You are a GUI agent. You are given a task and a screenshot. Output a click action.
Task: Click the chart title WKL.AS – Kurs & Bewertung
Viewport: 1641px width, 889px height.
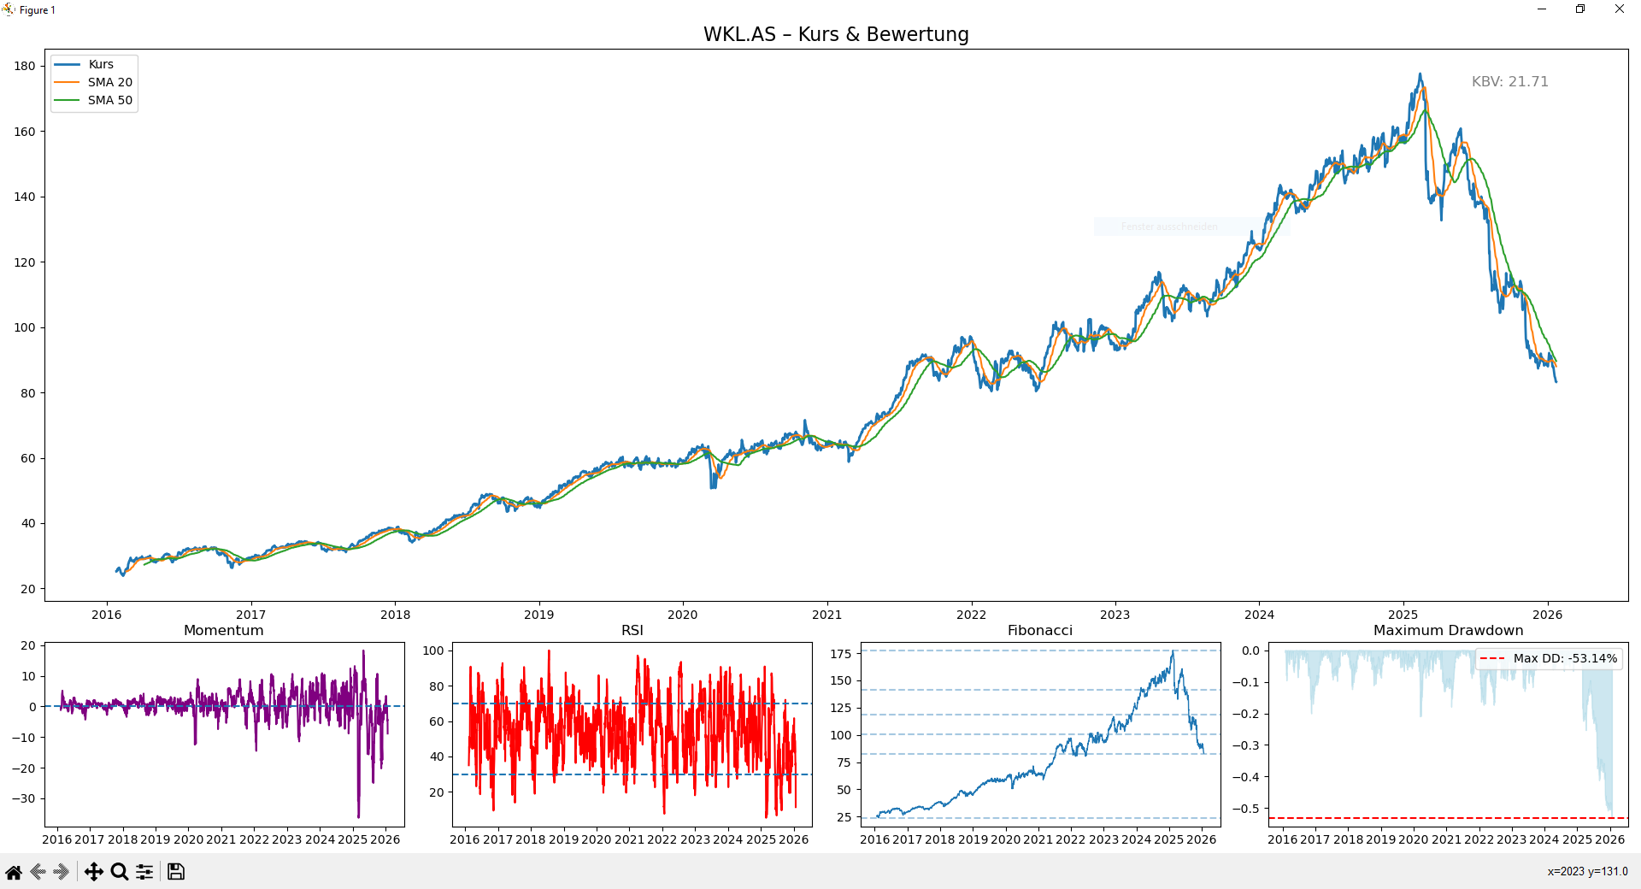point(836,34)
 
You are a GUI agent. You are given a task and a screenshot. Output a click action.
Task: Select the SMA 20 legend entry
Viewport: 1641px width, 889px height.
point(109,82)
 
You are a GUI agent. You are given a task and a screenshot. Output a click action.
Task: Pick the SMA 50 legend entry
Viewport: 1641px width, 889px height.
point(109,100)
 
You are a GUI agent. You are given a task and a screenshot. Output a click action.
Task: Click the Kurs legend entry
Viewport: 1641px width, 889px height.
point(101,64)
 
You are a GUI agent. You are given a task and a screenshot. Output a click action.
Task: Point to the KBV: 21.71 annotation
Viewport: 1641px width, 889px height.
point(1509,81)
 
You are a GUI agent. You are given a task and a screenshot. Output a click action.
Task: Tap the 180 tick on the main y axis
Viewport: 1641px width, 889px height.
point(25,66)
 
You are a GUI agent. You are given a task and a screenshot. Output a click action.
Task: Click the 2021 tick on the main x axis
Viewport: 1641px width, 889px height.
point(826,615)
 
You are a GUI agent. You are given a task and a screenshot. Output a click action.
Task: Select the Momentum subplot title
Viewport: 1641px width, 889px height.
point(224,630)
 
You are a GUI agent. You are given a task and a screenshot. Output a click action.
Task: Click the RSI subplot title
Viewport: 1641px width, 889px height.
point(632,630)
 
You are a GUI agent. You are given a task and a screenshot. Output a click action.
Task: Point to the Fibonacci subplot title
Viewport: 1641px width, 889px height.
point(1039,630)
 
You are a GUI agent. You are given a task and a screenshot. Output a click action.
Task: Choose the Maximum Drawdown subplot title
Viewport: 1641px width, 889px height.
point(1448,630)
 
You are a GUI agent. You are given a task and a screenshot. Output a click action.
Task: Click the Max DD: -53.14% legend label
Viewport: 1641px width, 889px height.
point(1565,658)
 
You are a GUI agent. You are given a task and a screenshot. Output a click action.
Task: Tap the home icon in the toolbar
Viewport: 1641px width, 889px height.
point(14,872)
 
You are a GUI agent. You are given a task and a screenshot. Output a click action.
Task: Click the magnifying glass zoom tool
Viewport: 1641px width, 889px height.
point(120,872)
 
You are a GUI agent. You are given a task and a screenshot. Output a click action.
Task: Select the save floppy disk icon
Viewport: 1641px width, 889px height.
point(176,872)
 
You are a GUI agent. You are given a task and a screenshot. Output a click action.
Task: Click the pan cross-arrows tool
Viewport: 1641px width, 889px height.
point(94,872)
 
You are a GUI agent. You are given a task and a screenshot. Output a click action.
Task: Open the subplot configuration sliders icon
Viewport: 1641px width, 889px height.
point(144,872)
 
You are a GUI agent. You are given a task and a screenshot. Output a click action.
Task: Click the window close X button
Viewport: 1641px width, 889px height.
point(1620,9)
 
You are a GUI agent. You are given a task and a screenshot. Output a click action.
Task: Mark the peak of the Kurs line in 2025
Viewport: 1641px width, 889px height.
point(1420,74)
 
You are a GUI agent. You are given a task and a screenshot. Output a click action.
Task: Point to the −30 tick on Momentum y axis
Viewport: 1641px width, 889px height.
point(28,798)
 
